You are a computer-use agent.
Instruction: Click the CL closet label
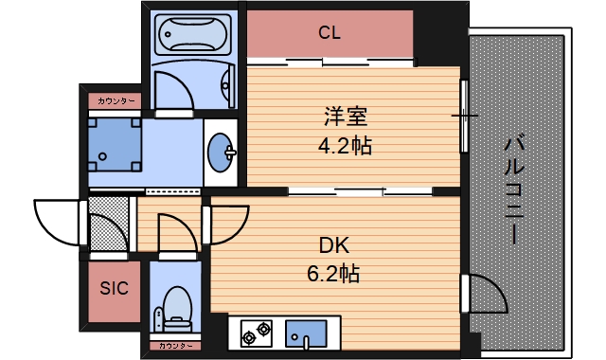pos(329,34)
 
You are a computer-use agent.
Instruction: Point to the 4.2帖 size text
pos(343,146)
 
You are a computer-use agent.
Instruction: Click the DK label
pos(333,246)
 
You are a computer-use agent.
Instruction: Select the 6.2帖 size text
pos(333,275)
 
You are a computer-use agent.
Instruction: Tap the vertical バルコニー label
pos(516,189)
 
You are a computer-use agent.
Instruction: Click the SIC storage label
pos(115,289)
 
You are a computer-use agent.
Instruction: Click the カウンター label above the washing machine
pos(115,99)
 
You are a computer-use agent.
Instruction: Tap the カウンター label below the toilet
pos(176,347)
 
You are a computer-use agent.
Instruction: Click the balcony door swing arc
pos(485,294)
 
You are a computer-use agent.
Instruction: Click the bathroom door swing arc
pos(176,89)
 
